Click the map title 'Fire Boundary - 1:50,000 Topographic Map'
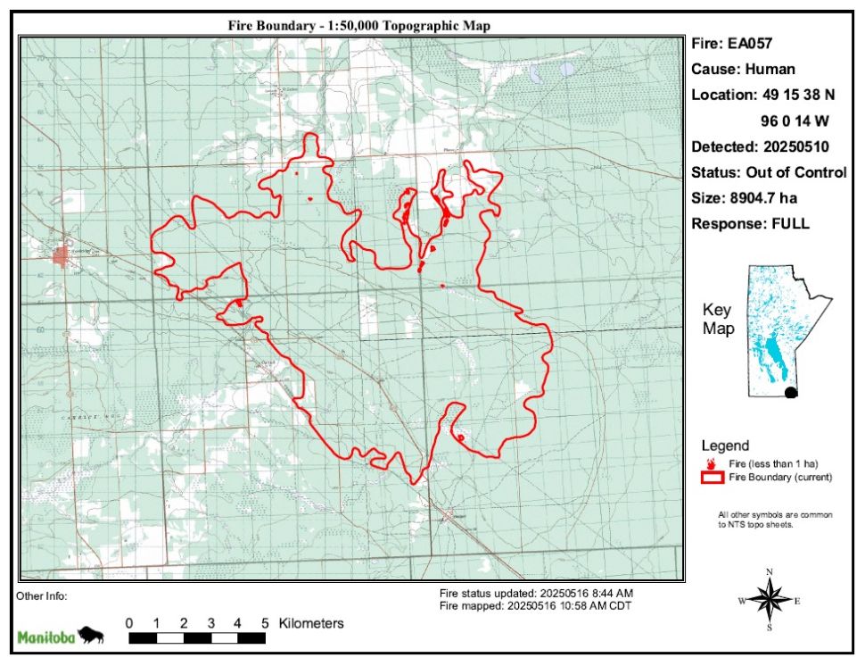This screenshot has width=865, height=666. pos(359,26)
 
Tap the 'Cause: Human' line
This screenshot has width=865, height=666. pos(743,69)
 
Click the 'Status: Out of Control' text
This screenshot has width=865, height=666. pos(769,172)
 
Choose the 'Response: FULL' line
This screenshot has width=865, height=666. pos(750,224)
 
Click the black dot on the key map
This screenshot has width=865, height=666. pos(790,392)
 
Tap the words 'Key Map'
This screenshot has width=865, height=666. pos(717,320)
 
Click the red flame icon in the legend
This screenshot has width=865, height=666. pos(712,464)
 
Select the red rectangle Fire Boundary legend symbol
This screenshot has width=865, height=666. pos(712,478)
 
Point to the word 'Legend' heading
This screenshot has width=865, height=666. pos(725,445)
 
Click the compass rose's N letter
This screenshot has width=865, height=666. pos(770,571)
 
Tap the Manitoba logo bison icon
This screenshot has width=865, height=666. pos(91,636)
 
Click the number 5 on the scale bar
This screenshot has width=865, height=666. pos(265,623)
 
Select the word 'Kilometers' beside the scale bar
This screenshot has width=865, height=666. pos(311,623)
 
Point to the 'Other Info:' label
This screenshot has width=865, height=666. pos(42,595)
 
